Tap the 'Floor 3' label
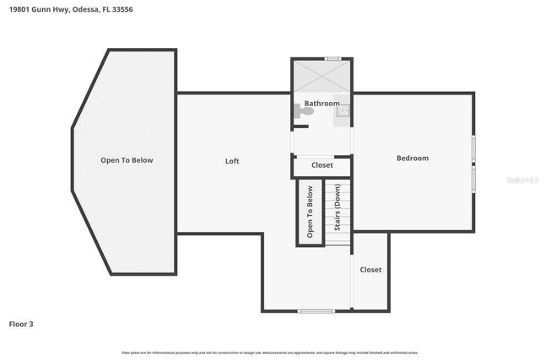(22, 324)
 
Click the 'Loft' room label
(232, 161)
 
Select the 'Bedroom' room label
(413, 158)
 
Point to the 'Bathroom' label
(321, 104)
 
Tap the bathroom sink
(344, 109)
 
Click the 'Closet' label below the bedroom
(370, 270)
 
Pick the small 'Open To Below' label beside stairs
(310, 212)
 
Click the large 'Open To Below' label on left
(127, 160)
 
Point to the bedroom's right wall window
(473, 163)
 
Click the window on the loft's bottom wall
(316, 311)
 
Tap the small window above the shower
(332, 58)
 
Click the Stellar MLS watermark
(521, 180)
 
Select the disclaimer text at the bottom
(269, 352)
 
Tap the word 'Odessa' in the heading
(80, 10)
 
